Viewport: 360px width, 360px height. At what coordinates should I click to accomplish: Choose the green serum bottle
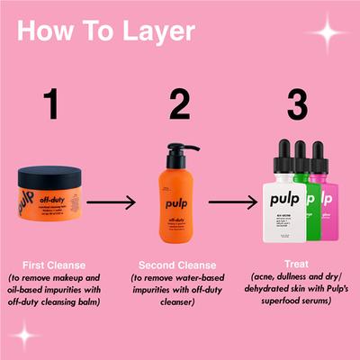pos(311,202)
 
